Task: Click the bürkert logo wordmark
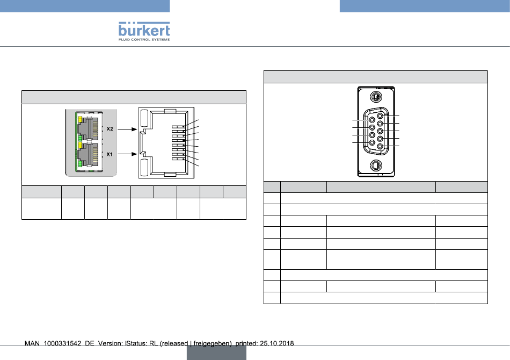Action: (144, 30)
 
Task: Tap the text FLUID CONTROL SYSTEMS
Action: (144, 40)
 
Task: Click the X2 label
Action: (110, 129)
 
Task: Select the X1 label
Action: (110, 154)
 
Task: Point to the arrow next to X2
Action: (127, 129)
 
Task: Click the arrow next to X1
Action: (127, 154)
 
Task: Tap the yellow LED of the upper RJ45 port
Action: (79, 119)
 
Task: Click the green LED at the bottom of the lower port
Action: (79, 164)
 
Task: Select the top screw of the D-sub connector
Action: (376, 97)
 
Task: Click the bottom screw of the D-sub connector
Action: (376, 165)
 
